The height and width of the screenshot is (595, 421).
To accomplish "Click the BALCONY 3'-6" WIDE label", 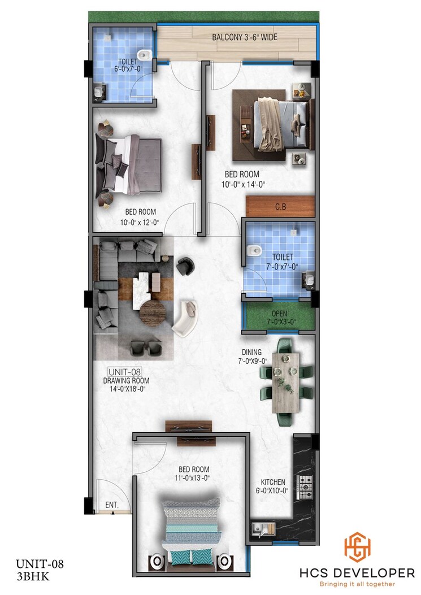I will pyautogui.click(x=244, y=38).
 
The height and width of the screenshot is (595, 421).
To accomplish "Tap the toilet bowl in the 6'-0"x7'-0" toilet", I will pyautogui.click(x=145, y=55).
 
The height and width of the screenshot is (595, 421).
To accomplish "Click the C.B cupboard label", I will pyautogui.click(x=280, y=207).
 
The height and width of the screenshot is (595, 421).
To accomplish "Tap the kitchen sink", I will pyautogui.click(x=263, y=529).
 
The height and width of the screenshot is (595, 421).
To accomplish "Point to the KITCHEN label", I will pyautogui.click(x=273, y=482).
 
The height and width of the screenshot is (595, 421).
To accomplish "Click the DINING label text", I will pyautogui.click(x=253, y=351).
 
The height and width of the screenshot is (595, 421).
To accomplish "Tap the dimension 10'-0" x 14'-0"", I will pyautogui.click(x=243, y=183).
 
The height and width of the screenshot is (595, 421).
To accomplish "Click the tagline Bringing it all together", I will pyautogui.click(x=357, y=584).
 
